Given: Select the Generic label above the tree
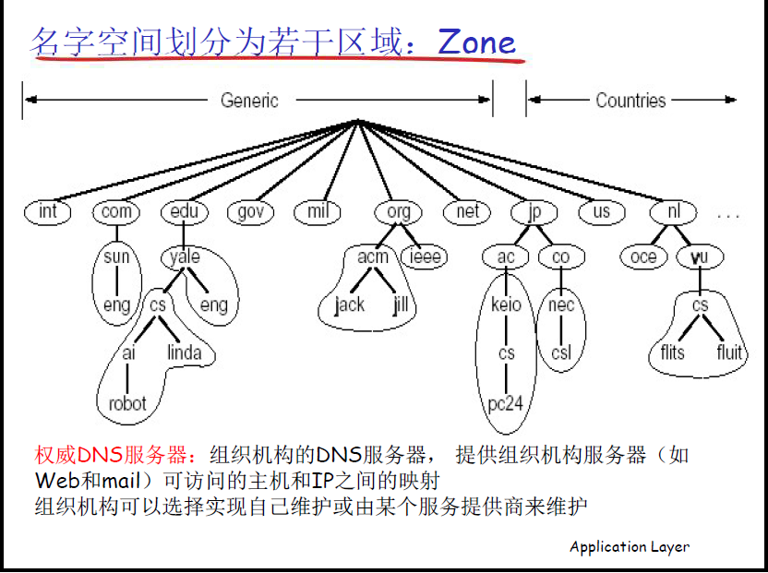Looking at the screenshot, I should click(x=249, y=101).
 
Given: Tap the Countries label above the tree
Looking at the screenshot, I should click(x=630, y=101).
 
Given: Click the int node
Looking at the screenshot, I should click(x=48, y=212).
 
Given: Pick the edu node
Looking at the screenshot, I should click(x=185, y=212).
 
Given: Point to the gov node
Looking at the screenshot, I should click(x=250, y=212).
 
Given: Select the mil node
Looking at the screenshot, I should click(x=318, y=212).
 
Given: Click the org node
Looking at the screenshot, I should click(x=399, y=212).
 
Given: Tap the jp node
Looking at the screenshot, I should click(x=534, y=212).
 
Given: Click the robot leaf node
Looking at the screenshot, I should click(x=127, y=403).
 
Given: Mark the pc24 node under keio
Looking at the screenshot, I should click(x=507, y=403).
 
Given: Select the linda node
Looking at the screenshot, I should click(x=185, y=353).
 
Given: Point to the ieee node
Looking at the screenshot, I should click(x=426, y=257).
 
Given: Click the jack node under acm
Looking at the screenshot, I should click(x=350, y=305).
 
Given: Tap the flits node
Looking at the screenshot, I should click(x=673, y=353).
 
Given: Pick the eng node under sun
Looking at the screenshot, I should click(x=116, y=305).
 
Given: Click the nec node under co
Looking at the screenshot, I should click(x=561, y=305).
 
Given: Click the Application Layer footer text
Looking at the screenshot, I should click(x=630, y=546).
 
